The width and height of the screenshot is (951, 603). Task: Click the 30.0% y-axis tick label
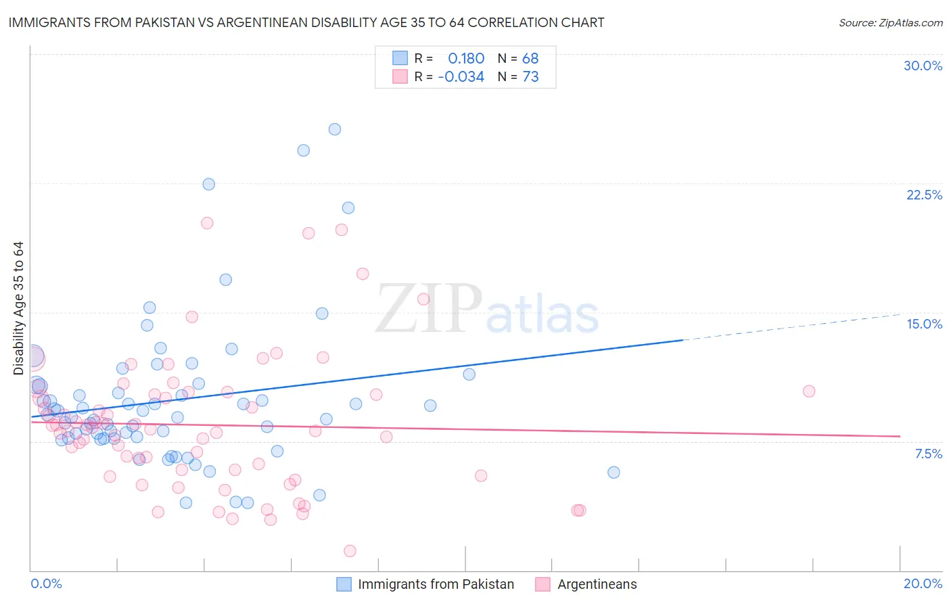[x=923, y=66]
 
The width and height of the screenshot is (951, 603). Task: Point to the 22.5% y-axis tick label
[x=924, y=195]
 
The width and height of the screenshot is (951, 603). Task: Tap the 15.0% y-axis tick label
[x=924, y=324]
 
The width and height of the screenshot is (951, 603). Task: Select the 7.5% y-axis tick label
[x=928, y=454]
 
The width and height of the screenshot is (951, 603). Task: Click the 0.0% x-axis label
[x=46, y=583]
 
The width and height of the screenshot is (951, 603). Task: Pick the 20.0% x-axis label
[x=923, y=583]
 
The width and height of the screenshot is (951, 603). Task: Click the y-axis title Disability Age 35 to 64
[x=18, y=308]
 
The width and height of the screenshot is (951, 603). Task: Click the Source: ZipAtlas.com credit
[x=890, y=22]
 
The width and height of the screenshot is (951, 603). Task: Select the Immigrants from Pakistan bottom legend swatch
[x=344, y=584]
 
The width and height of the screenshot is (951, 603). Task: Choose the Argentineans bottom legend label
[x=597, y=584]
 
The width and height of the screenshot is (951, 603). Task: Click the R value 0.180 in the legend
[x=466, y=58]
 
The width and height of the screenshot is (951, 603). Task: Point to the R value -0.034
[x=461, y=76]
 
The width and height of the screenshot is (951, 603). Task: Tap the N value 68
[x=530, y=58]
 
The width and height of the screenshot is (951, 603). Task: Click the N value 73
[x=530, y=76]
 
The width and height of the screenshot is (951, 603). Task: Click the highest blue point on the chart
[x=335, y=129]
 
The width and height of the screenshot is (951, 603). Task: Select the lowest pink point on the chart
[x=350, y=551]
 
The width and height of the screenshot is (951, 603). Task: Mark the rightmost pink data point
[x=809, y=391]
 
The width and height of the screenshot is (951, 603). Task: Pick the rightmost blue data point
[x=613, y=473]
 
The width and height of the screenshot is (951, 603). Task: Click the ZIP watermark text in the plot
[x=429, y=308]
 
